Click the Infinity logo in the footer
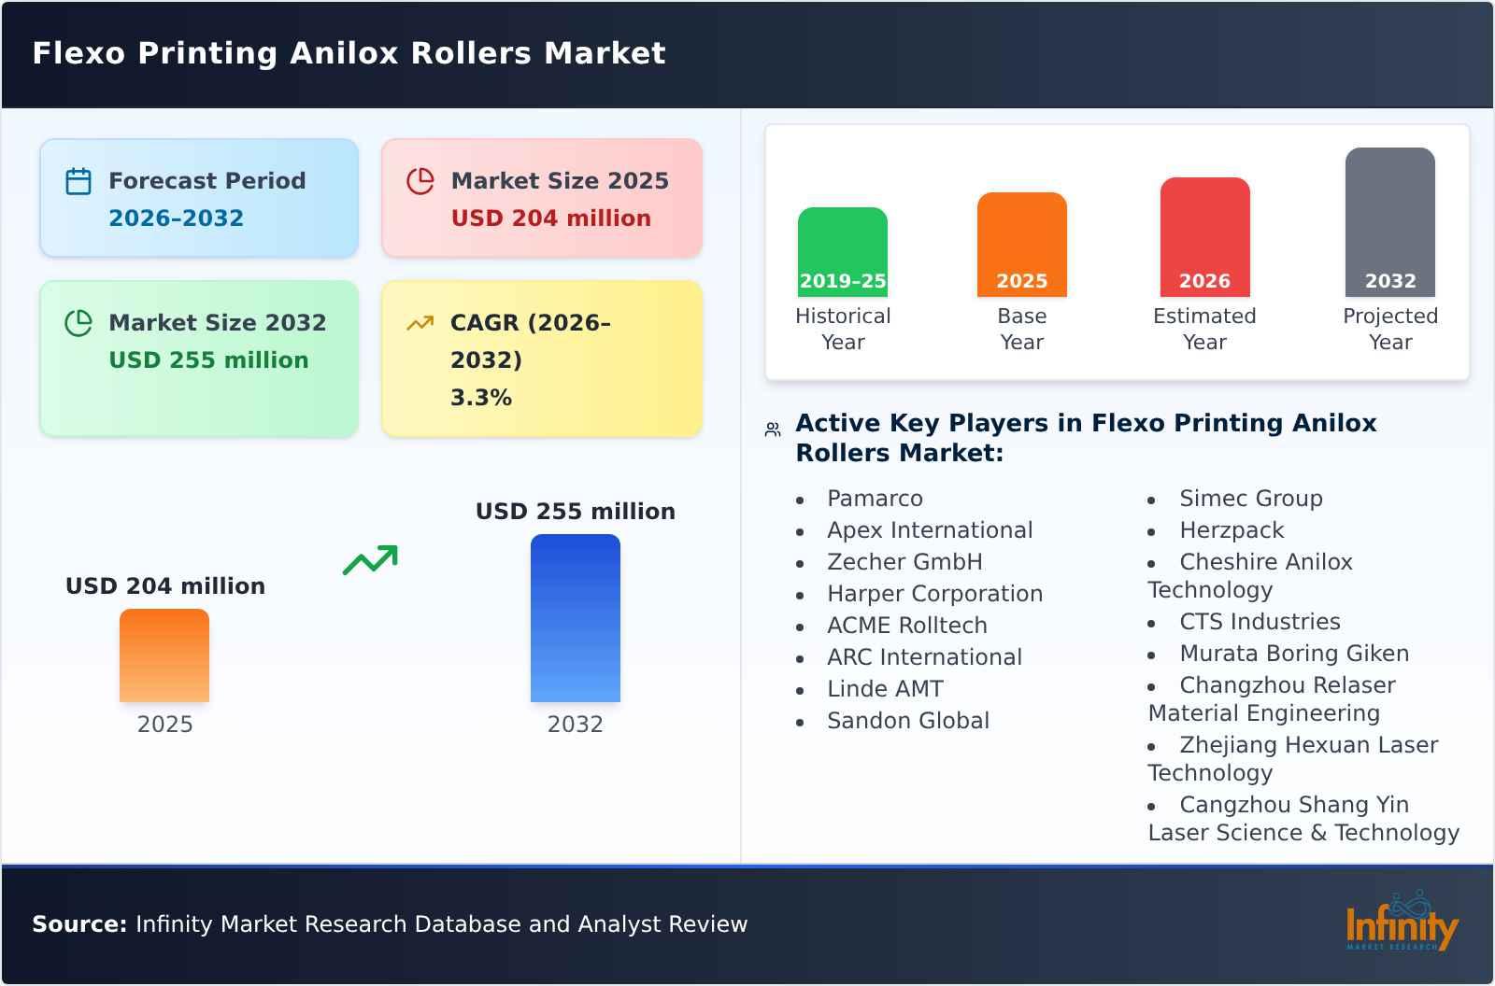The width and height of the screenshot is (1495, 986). pos(1402,923)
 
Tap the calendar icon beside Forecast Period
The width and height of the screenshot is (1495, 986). pos(78,181)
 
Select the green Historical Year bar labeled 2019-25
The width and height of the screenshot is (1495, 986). pos(842,252)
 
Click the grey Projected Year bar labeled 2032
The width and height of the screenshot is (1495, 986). pos(1389,222)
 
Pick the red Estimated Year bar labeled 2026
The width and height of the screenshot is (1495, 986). pos(1204,237)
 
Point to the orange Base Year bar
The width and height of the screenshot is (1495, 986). pos(1021,245)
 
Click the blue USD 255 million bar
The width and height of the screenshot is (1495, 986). pos(575,618)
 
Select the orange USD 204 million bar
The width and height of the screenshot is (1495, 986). pos(164,655)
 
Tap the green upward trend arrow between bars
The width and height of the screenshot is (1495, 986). pos(370,560)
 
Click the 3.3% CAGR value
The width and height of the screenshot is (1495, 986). pos(481,398)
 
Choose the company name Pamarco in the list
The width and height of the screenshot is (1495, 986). pos(875,499)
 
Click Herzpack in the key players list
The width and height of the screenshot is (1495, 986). pos(1232,530)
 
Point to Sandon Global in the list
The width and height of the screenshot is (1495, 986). pos(908,721)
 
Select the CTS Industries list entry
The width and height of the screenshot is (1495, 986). pos(1260,622)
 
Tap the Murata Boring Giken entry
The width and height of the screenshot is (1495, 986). pos(1294,654)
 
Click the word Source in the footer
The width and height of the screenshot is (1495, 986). pos(78,924)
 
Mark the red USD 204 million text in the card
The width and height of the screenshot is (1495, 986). pos(551,218)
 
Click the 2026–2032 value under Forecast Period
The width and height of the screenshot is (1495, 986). pos(176,218)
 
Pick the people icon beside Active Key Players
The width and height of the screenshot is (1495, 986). pos(773,430)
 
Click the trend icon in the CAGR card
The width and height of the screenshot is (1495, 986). pos(420,323)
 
